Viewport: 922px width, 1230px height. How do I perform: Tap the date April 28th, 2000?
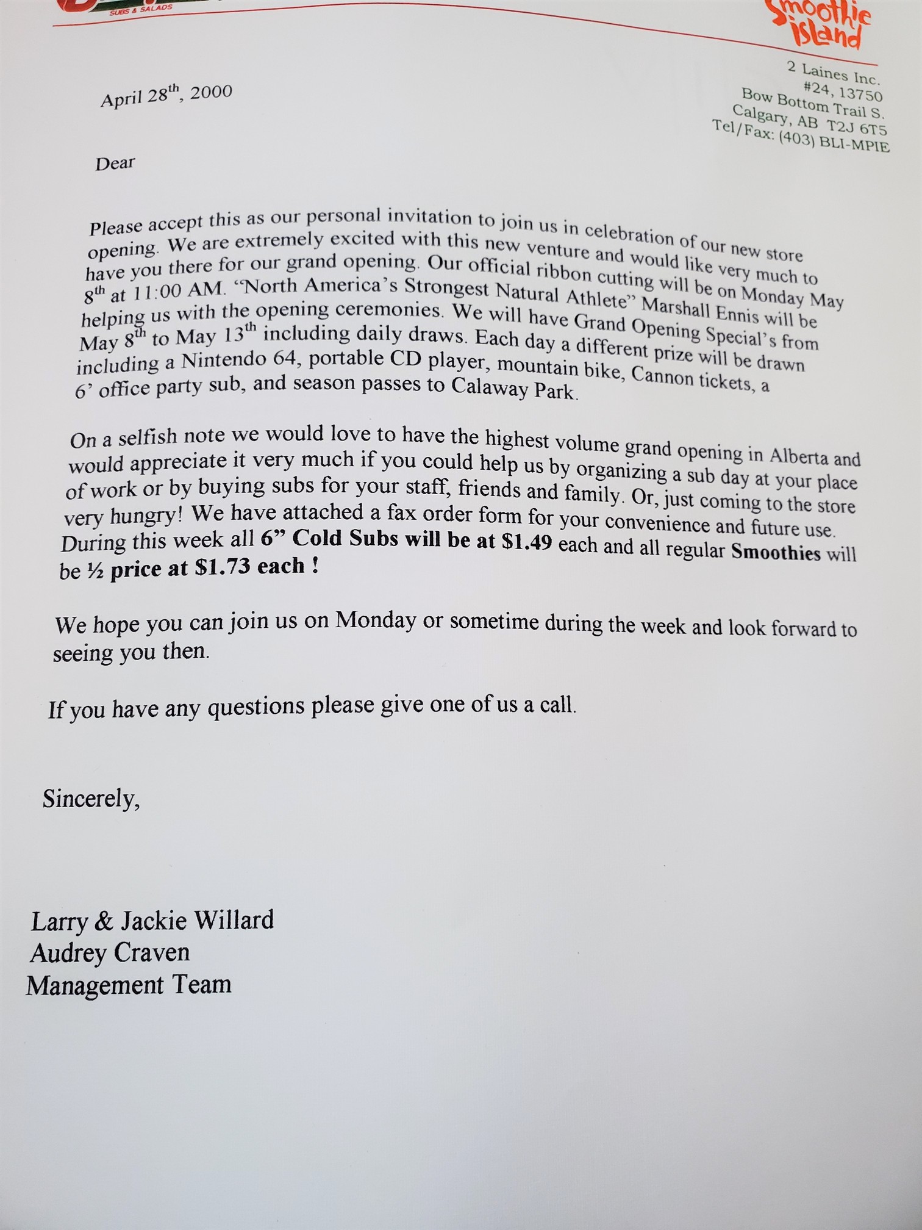click(166, 95)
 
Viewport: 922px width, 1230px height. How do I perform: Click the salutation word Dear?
click(115, 164)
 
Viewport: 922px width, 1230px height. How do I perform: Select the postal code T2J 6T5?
click(856, 128)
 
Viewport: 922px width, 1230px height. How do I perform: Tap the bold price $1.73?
click(224, 567)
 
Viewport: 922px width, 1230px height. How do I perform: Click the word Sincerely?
click(91, 799)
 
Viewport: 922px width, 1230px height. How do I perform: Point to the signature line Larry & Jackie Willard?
click(152, 921)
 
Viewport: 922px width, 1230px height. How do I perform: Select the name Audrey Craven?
click(110, 952)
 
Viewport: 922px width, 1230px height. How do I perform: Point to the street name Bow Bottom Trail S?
click(812, 104)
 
